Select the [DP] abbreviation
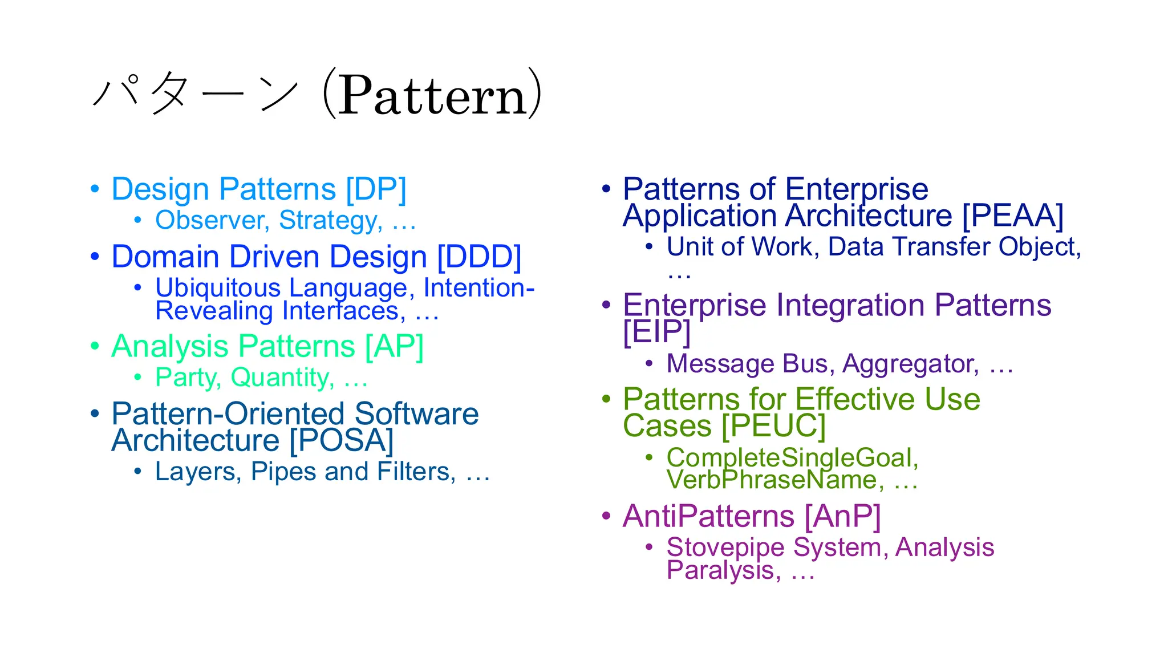(376, 189)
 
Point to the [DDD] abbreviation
(479, 257)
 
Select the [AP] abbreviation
(394, 347)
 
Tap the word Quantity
(282, 378)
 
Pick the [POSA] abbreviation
(341, 440)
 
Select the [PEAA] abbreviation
(1012, 216)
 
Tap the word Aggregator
(910, 364)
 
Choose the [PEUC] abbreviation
(773, 426)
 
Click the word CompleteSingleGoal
(792, 457)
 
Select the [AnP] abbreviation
(842, 516)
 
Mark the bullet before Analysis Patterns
(95, 346)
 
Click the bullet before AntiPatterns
(606, 516)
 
